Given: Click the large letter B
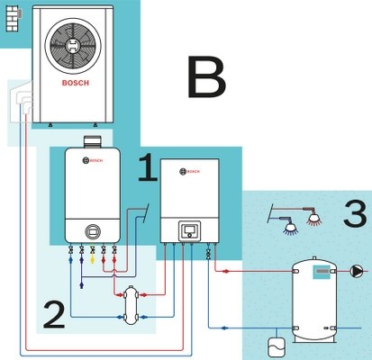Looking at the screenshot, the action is click(206, 76).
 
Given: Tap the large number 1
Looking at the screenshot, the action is click(149, 167).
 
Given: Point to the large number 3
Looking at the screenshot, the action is click(356, 213).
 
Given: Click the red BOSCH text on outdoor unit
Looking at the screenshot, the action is click(76, 83).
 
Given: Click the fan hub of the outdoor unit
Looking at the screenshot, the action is click(73, 46).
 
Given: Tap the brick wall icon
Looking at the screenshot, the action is click(13, 19).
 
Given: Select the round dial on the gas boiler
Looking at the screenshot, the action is click(93, 231).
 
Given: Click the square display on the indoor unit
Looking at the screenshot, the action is click(189, 231).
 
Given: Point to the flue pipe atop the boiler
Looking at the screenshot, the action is click(93, 142).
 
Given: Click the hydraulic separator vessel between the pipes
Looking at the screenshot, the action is click(131, 305).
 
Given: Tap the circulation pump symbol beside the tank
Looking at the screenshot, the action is click(357, 271).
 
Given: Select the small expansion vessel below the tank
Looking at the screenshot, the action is click(277, 347).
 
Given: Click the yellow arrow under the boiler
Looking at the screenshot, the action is click(93, 259).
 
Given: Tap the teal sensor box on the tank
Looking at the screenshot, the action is click(322, 272).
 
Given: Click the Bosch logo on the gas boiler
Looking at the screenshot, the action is click(93, 160).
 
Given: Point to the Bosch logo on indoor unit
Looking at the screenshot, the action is click(189, 172).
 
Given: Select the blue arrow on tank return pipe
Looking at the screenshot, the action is click(223, 328).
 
